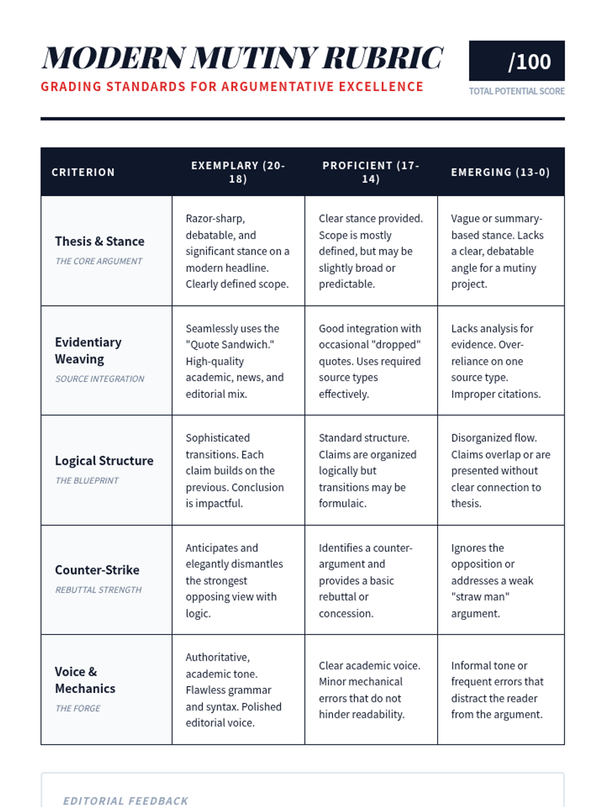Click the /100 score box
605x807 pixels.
(x=516, y=61)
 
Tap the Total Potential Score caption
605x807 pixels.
(x=516, y=91)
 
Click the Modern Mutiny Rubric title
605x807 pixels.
(x=242, y=57)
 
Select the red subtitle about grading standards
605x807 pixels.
(x=232, y=87)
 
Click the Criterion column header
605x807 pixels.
(x=83, y=172)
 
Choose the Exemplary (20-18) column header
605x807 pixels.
(x=238, y=172)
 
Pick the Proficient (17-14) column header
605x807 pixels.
(x=371, y=172)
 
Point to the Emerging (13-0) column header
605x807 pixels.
(x=500, y=172)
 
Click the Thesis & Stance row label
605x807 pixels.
(x=99, y=242)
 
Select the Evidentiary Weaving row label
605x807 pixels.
(x=88, y=351)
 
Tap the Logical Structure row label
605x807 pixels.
(x=104, y=461)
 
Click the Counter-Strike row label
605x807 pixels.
(x=97, y=570)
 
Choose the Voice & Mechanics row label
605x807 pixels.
(x=85, y=680)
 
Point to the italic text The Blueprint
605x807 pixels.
(x=87, y=481)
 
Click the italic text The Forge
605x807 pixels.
(x=78, y=708)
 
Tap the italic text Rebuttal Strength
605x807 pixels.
(x=98, y=590)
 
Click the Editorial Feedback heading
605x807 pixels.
(x=126, y=801)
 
